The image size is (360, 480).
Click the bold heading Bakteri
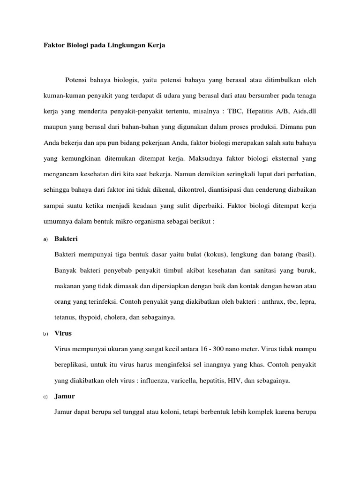(x=66, y=239)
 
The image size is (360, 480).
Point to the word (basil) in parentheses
(x=304, y=255)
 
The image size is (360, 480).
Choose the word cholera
(x=113, y=317)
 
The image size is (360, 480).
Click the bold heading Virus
(x=63, y=333)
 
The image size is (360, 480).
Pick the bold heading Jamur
(x=65, y=397)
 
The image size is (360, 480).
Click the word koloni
(x=154, y=412)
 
